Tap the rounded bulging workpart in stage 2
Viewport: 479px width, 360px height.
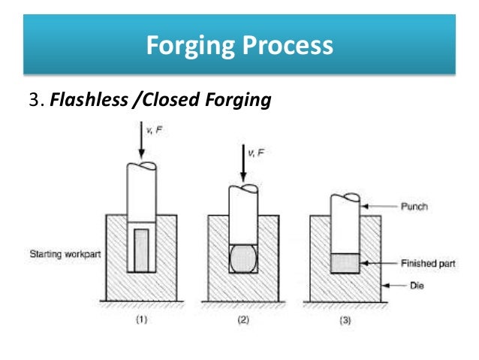pyautogui.click(x=244, y=258)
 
